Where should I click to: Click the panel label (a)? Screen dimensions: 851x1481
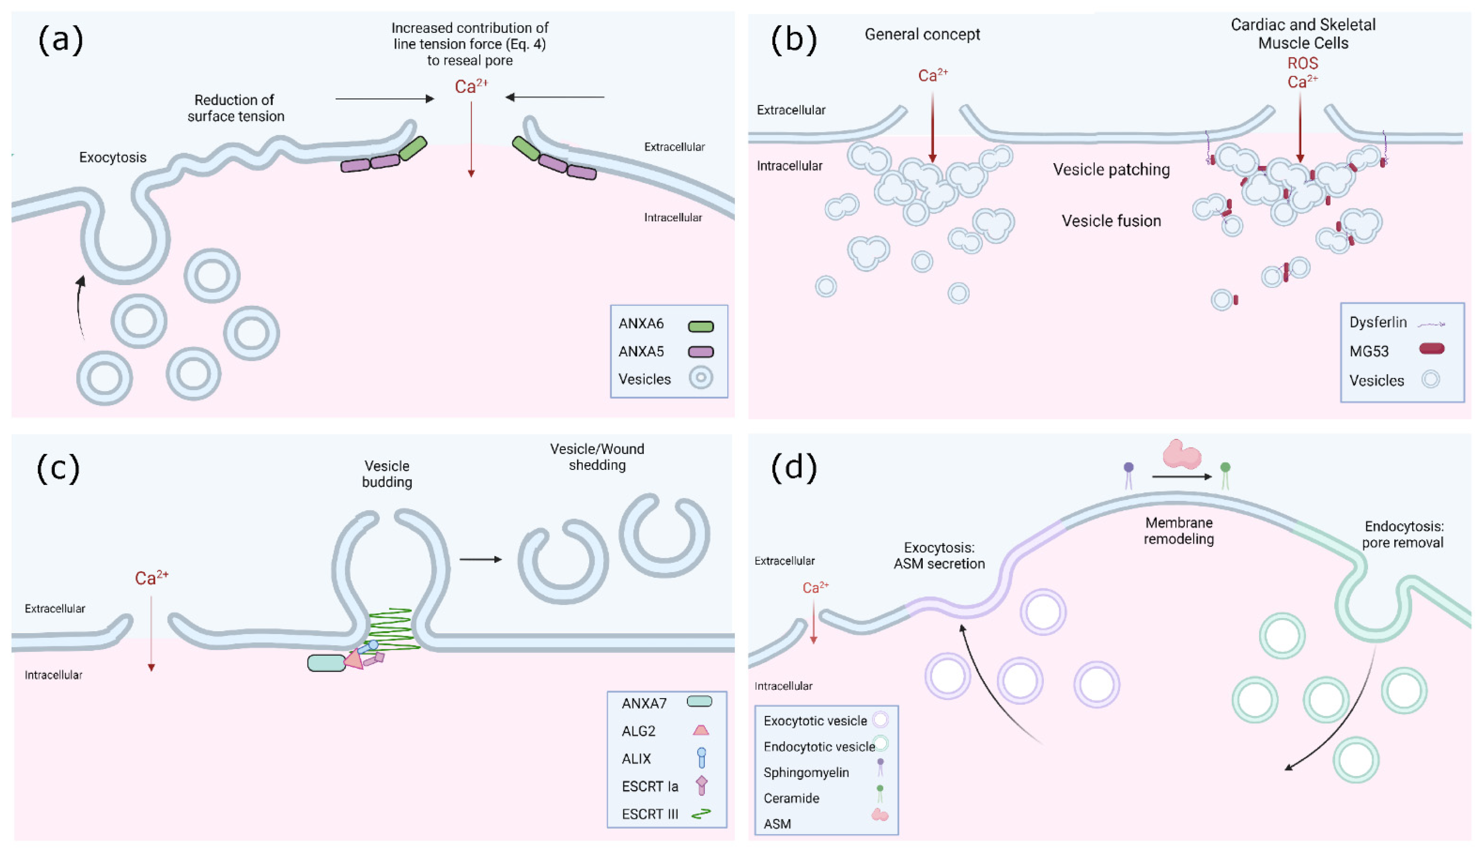(x=61, y=41)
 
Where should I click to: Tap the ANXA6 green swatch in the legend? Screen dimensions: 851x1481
(x=700, y=326)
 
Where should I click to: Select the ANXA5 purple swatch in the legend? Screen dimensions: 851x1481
(x=700, y=352)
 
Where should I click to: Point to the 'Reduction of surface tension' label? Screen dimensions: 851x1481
(x=236, y=108)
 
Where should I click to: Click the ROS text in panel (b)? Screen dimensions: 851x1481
(x=1303, y=63)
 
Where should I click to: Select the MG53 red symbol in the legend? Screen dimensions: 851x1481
(x=1431, y=349)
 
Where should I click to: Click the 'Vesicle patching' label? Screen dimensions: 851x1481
(x=1111, y=170)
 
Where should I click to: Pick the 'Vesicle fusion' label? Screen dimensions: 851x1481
(x=1111, y=221)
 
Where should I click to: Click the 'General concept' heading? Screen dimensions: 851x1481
(x=922, y=34)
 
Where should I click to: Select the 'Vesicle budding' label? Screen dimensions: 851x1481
(x=387, y=474)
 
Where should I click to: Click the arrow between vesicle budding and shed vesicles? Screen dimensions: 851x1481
(x=480, y=559)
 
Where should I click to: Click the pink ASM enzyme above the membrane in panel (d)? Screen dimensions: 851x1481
(x=1182, y=454)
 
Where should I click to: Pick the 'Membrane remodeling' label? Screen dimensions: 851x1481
(x=1179, y=531)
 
